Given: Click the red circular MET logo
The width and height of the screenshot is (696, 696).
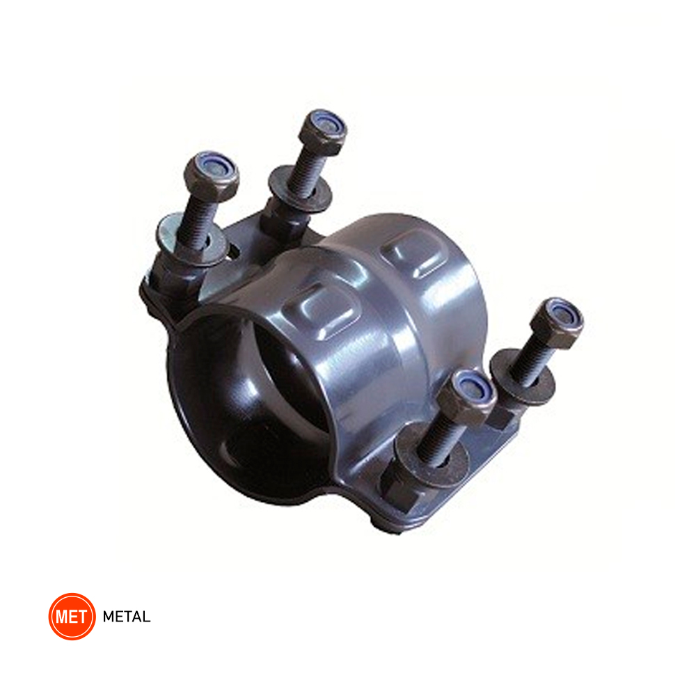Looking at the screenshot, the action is (72, 616).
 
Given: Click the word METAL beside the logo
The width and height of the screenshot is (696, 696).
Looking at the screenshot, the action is (127, 617).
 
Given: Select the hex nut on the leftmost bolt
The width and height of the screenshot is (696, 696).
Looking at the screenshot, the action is (212, 176).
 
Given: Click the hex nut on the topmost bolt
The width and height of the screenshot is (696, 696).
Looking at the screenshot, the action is (323, 132).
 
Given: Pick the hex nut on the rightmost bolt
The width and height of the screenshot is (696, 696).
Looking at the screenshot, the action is (557, 323).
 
